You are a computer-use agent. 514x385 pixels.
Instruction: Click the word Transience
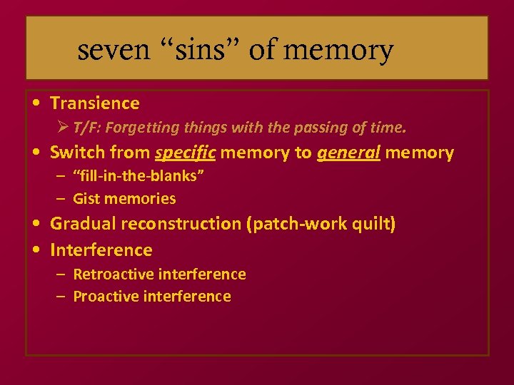[x=95, y=103]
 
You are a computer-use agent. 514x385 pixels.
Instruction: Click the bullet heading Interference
[x=101, y=250]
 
